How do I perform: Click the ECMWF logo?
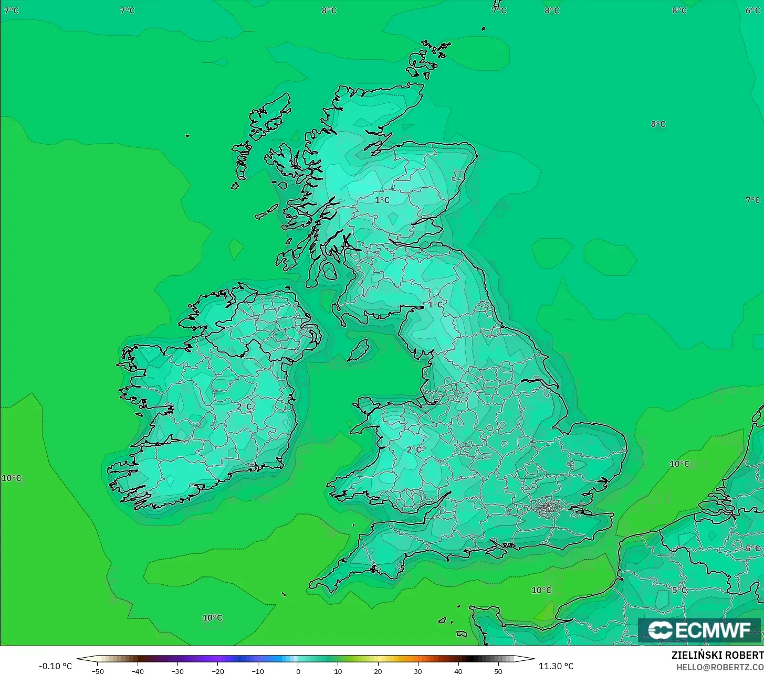pyautogui.click(x=699, y=630)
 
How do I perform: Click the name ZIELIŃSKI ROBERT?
pyautogui.click(x=717, y=655)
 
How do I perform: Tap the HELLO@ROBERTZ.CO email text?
pyautogui.click(x=719, y=667)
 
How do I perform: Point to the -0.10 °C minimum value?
pyautogui.click(x=55, y=666)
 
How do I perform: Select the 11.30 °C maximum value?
pyautogui.click(x=556, y=666)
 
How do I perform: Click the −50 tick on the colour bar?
pyautogui.click(x=98, y=671)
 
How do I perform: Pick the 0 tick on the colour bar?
pyautogui.click(x=298, y=671)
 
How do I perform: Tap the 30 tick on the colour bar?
pyautogui.click(x=418, y=671)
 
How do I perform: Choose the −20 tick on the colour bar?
pyautogui.click(x=217, y=671)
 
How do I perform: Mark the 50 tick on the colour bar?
pyautogui.click(x=498, y=671)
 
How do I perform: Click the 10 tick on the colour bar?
pyautogui.click(x=338, y=671)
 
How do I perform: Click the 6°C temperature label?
pyautogui.click(x=752, y=10)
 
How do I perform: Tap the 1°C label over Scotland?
pyautogui.click(x=382, y=200)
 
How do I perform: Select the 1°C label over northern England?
pyautogui.click(x=435, y=304)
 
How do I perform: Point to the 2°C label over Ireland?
pyautogui.click(x=244, y=406)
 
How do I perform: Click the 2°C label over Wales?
pyautogui.click(x=414, y=449)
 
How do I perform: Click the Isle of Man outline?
pyautogui.click(x=359, y=350)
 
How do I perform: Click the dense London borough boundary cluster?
pyautogui.click(x=548, y=507)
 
